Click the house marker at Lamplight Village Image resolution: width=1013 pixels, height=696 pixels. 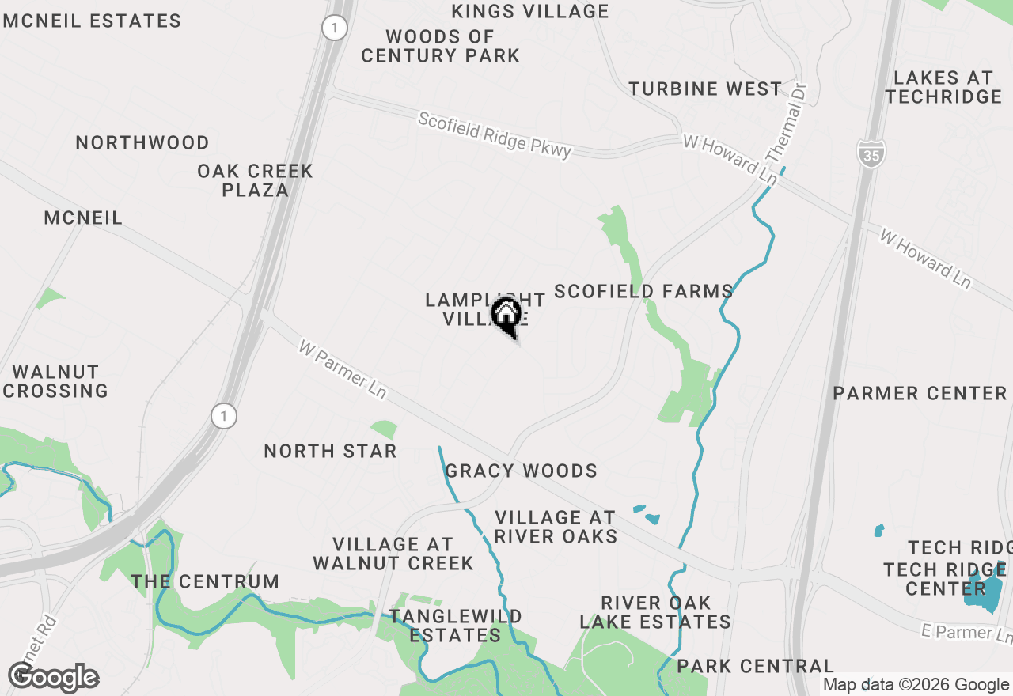click(506, 314)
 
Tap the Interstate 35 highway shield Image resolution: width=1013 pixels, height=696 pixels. click(871, 154)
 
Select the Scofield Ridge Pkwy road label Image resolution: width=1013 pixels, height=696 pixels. click(495, 135)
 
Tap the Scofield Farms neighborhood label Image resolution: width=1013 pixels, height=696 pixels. click(643, 291)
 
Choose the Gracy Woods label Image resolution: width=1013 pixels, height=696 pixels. click(521, 471)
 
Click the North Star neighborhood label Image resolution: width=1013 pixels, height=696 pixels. click(330, 451)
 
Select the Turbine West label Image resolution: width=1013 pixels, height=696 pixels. click(705, 89)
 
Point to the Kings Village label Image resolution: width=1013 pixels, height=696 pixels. click(530, 11)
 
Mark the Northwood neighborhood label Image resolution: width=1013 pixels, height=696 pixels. click(142, 142)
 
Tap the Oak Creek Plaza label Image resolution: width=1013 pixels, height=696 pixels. click(255, 180)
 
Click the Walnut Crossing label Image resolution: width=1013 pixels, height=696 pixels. click(55, 381)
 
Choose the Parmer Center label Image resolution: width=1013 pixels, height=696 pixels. click(920, 393)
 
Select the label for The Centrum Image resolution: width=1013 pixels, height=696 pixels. click(205, 581)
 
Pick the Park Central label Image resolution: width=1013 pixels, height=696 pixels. click(755, 666)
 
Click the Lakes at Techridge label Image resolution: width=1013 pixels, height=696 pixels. click(943, 87)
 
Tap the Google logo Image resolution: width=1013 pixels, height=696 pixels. click(53, 678)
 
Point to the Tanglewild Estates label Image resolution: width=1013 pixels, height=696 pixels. click(455, 626)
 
